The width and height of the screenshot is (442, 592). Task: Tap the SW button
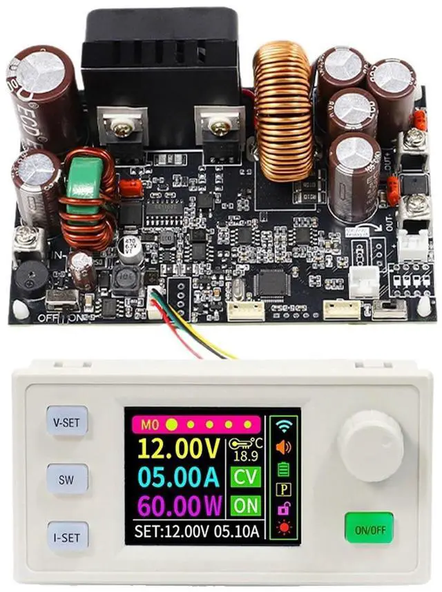(68, 478)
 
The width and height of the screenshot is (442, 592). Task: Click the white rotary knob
(371, 446)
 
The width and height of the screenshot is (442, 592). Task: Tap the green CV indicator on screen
(245, 477)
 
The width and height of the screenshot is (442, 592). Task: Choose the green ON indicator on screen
(245, 505)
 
